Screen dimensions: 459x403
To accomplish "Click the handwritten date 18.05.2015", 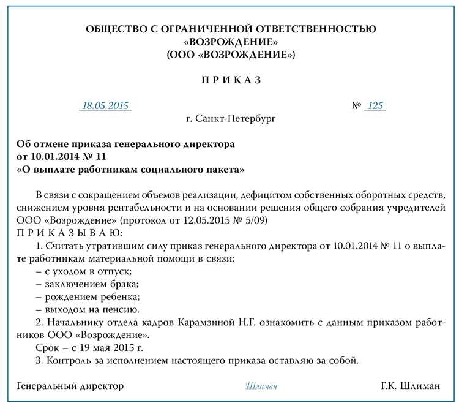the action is pos(105,105).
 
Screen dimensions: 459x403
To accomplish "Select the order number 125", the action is pos(375,105).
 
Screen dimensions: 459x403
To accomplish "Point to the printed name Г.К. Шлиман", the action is pos(410,386).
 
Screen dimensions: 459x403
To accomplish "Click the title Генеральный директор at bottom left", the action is pos(70,386).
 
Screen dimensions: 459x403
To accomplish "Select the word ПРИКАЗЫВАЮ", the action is pos(70,233).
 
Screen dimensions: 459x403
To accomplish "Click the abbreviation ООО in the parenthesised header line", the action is pos(184,55).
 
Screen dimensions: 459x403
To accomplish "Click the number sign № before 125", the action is pos(356,105).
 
